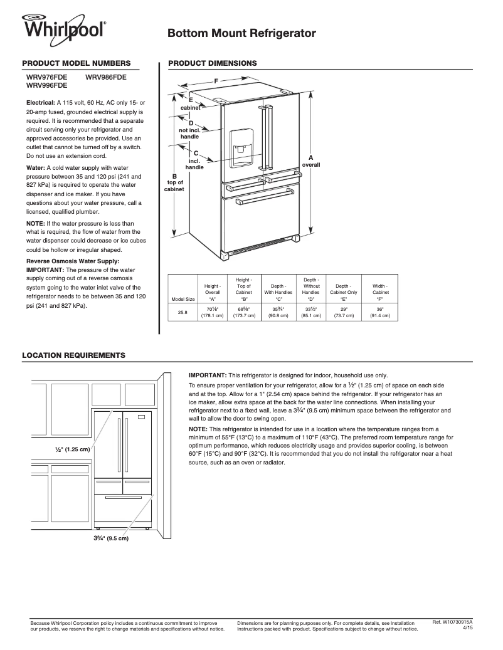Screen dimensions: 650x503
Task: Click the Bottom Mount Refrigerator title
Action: pos(241,34)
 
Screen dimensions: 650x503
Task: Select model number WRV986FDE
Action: pos(106,77)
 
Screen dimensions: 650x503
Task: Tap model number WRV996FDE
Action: pos(47,85)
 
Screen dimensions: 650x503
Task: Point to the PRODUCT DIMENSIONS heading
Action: pos(213,63)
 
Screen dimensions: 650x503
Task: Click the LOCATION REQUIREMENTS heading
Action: pos(73,355)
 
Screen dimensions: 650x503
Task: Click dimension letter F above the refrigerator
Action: pos(216,81)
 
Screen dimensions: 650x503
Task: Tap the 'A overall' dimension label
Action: pos(311,160)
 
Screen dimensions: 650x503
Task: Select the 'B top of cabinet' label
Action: pos(174,182)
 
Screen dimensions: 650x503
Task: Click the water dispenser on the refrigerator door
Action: pos(241,148)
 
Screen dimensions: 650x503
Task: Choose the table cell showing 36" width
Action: pos(380,308)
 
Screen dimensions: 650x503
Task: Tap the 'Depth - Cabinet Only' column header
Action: pos(344,289)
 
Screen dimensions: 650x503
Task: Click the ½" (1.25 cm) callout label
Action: pos(73,449)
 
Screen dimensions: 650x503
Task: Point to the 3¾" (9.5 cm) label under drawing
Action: pos(107,538)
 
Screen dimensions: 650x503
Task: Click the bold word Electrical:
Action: pos(40,102)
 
